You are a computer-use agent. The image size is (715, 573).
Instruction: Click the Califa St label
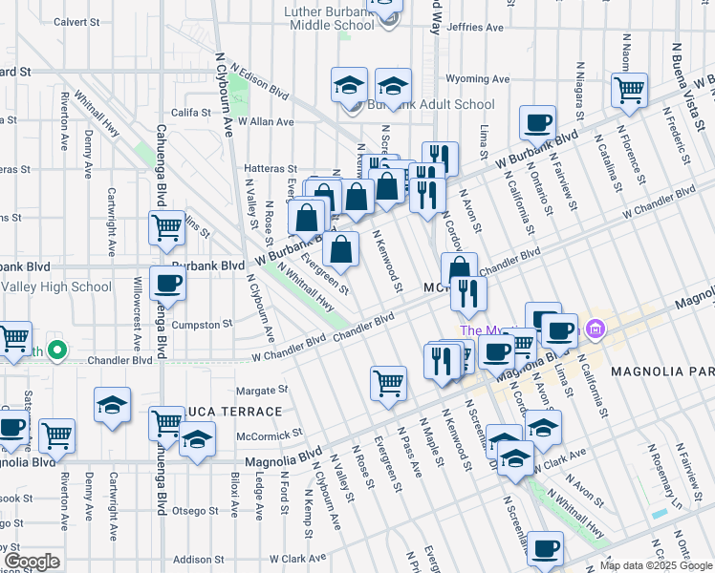191,113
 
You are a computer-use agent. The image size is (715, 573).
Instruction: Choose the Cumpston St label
202,325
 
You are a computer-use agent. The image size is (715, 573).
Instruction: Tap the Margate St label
262,391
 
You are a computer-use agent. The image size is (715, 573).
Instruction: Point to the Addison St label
199,559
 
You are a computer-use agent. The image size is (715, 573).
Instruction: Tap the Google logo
32,562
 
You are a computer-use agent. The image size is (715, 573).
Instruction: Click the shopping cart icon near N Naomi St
630,91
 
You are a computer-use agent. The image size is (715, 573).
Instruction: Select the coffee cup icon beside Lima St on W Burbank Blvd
536,123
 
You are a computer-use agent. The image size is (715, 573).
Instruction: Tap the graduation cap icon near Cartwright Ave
112,405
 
